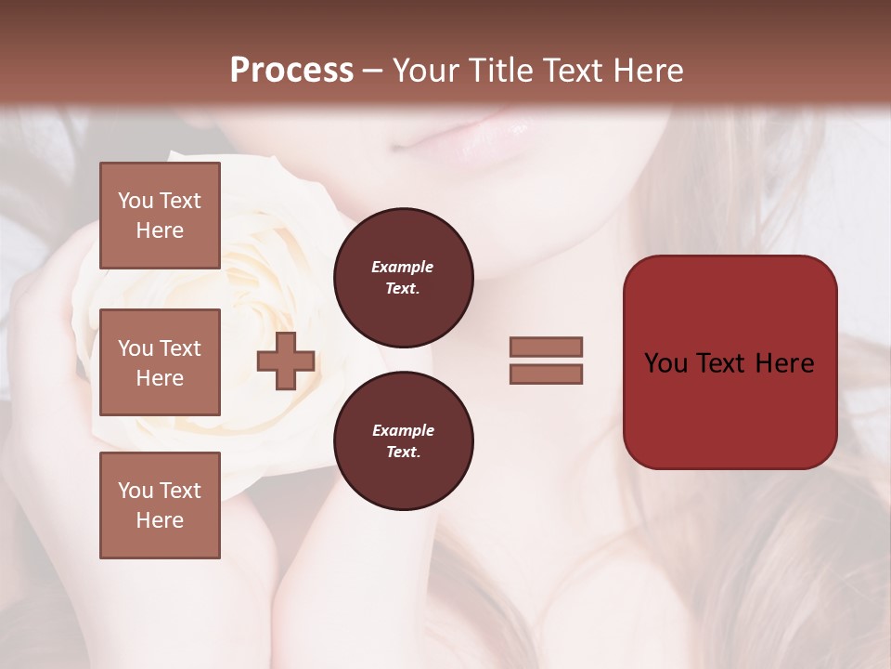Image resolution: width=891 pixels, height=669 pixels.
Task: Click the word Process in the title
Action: pyautogui.click(x=291, y=71)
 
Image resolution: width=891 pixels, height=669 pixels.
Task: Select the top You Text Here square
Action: pyautogui.click(x=160, y=216)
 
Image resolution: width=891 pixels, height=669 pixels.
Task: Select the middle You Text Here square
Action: pyautogui.click(x=160, y=362)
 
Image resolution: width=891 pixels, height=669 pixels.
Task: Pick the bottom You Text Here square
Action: pyautogui.click(x=160, y=505)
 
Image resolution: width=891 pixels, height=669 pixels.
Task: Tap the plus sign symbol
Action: pyautogui.click(x=286, y=361)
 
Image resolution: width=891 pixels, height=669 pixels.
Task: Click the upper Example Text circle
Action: pyautogui.click(x=403, y=278)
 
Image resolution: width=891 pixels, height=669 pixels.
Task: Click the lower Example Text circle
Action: pyautogui.click(x=403, y=441)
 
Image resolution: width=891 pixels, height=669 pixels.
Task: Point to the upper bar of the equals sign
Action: pyautogui.click(x=546, y=347)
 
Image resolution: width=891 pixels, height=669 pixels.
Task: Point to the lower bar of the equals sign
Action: pyautogui.click(x=546, y=374)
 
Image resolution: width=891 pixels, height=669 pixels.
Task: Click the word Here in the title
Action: pyautogui.click(x=648, y=71)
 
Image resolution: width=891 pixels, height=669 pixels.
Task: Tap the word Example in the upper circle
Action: pyautogui.click(x=403, y=267)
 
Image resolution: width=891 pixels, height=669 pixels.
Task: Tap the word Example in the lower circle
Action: pyautogui.click(x=403, y=430)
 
